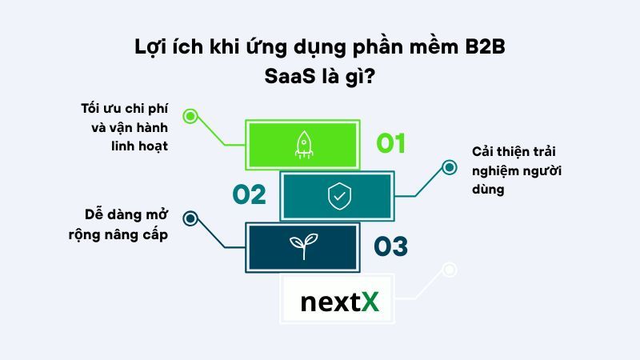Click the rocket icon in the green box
(x=303, y=143)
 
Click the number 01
(x=391, y=144)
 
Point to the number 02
(x=249, y=195)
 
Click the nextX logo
(x=339, y=302)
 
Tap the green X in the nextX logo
(x=369, y=302)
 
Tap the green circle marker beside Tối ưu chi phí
(x=190, y=116)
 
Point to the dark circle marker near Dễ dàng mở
(x=190, y=217)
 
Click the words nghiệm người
(x=510, y=171)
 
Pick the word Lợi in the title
(x=153, y=47)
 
